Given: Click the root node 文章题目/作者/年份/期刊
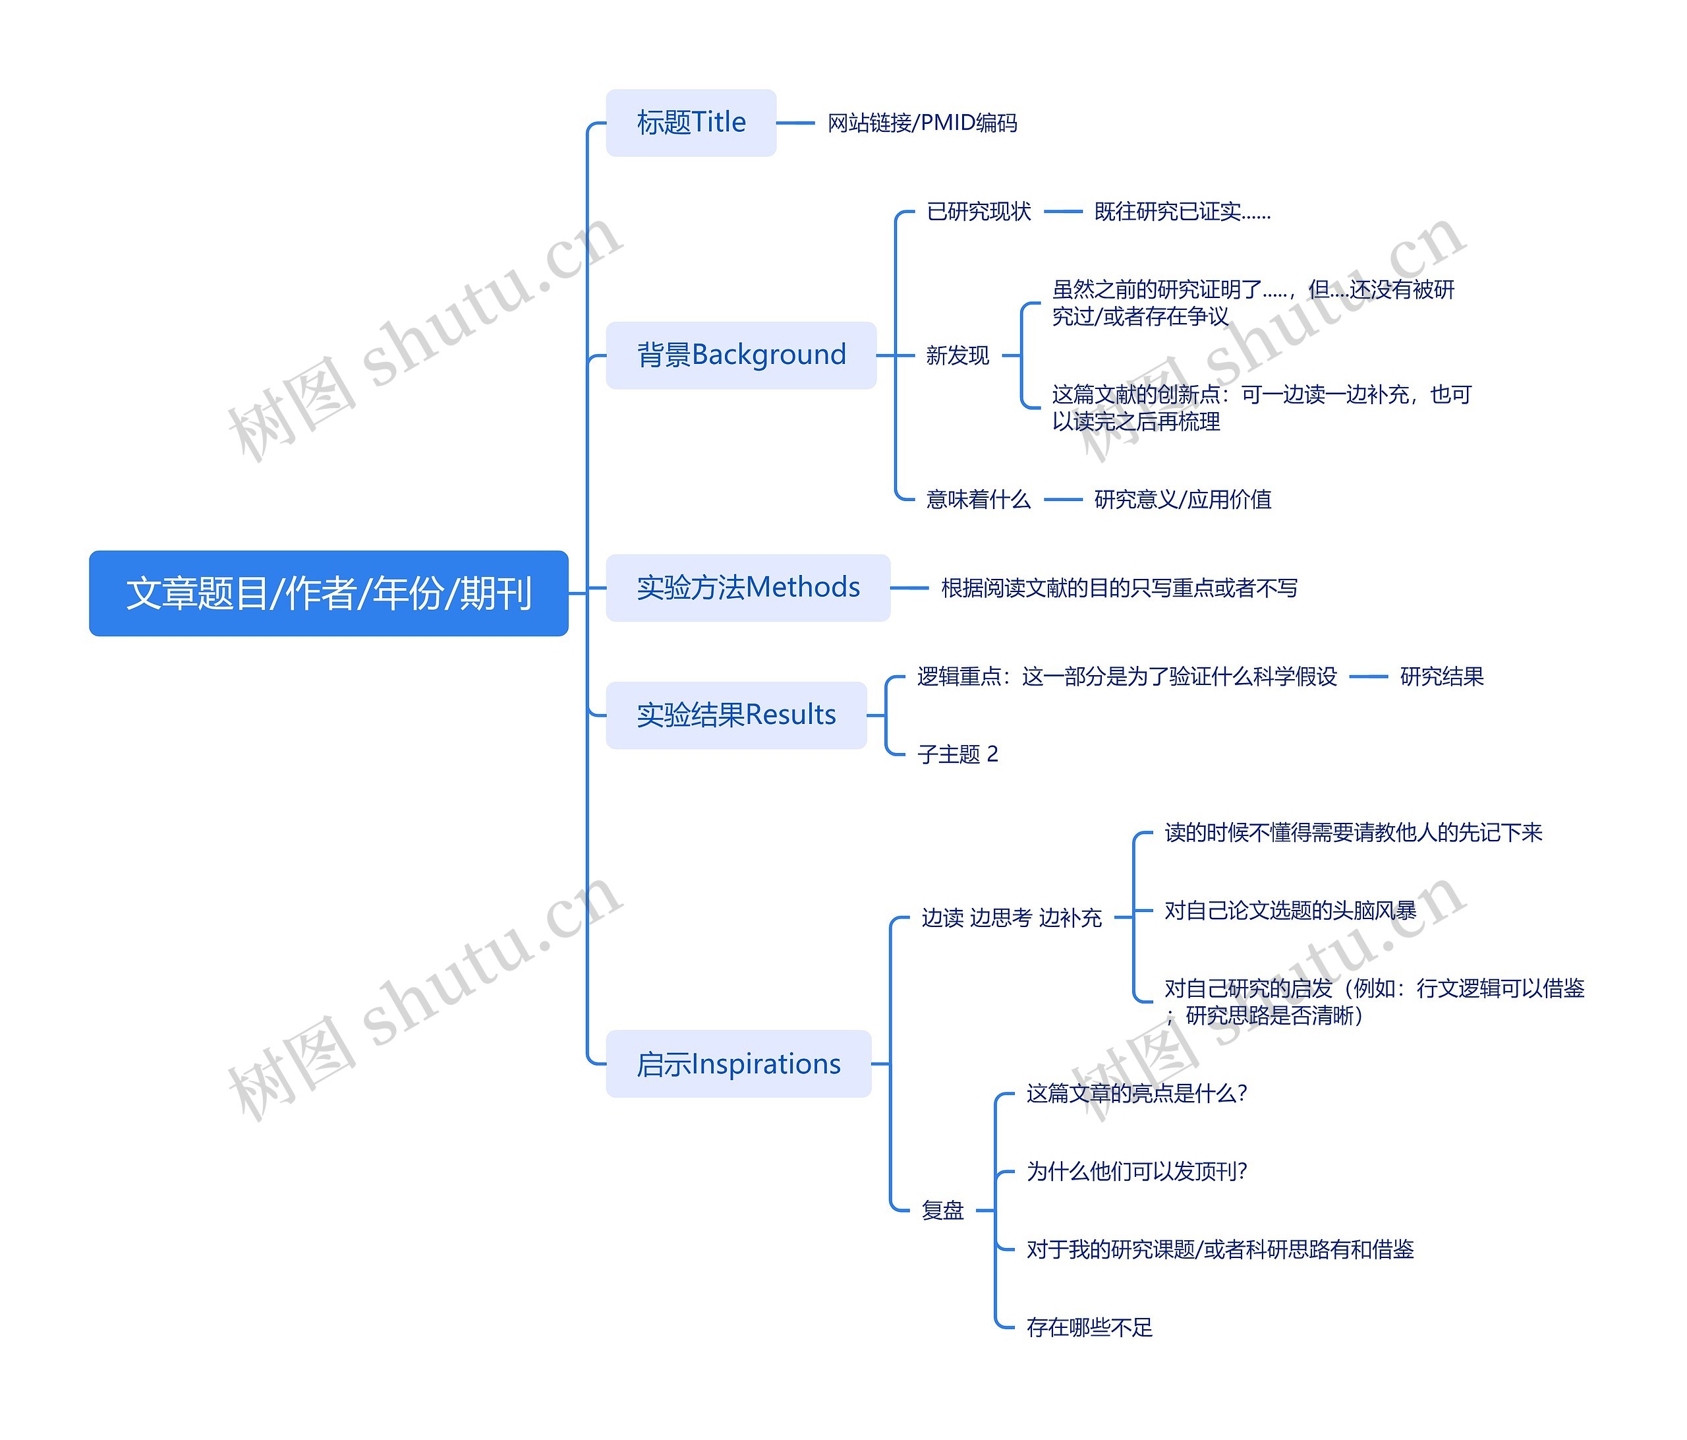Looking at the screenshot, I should point(328,593).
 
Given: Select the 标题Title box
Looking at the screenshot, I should point(691,123).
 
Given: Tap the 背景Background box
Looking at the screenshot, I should point(741,355).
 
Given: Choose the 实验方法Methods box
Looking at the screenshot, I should point(747,587).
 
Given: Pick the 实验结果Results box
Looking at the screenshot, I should point(736,715).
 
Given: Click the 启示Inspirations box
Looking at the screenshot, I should point(739,1064).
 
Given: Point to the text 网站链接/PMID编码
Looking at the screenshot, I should point(922,123).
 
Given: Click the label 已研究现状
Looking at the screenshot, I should point(979,212).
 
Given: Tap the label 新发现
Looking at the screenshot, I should point(958,355).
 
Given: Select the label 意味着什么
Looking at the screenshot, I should point(979,499).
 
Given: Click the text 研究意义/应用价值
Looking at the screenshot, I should point(1182,499).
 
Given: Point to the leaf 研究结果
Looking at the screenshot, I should point(1441,676).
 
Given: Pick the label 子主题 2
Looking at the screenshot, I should point(958,754).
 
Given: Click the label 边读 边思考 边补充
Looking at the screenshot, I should point(1012,918).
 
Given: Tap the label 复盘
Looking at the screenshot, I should point(943,1211).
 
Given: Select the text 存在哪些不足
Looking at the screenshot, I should point(1089,1328).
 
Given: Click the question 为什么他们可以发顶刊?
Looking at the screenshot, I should point(1137,1171).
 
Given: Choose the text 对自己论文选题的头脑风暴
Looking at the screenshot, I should point(1290,911).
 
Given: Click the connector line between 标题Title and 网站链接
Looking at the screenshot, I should point(795,123).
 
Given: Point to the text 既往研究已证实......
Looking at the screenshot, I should point(1182,212).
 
